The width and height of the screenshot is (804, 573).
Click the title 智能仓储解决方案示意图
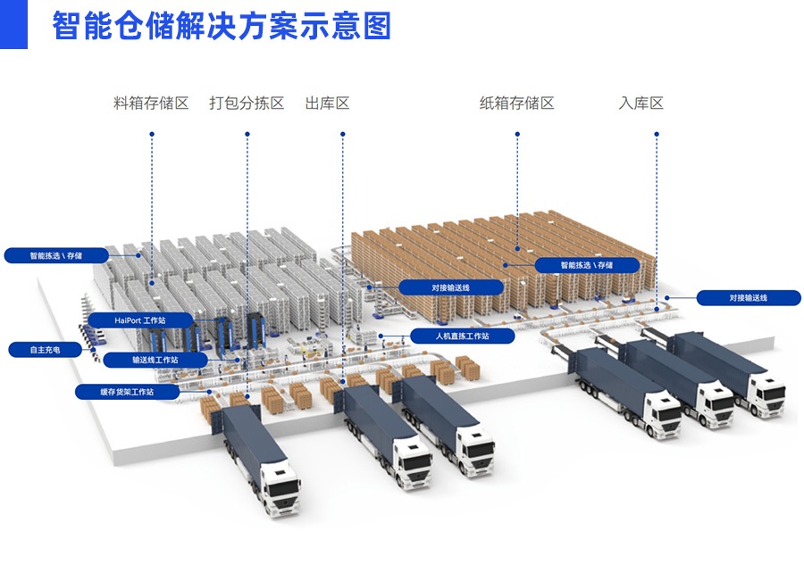(x=222, y=26)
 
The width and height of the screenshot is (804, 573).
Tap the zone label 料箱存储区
(x=152, y=104)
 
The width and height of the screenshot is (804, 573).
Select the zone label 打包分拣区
(x=247, y=104)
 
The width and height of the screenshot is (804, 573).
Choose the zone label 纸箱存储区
(x=516, y=104)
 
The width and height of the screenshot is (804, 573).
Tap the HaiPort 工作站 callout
(x=140, y=320)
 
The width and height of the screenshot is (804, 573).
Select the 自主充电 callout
(x=45, y=350)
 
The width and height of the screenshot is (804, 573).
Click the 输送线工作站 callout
(x=155, y=361)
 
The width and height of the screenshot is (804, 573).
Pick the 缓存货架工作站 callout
(x=127, y=391)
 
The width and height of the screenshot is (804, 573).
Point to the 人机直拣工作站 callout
(x=462, y=336)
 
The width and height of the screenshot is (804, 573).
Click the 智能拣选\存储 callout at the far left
(x=55, y=255)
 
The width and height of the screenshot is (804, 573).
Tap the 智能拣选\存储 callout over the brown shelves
(x=587, y=265)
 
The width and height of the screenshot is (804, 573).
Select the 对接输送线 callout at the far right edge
(x=749, y=297)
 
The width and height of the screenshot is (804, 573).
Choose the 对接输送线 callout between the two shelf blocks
(x=451, y=287)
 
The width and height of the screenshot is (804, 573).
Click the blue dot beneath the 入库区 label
(x=657, y=135)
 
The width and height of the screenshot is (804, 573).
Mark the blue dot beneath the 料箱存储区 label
(x=152, y=135)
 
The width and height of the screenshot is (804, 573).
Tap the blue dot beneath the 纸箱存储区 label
(x=516, y=135)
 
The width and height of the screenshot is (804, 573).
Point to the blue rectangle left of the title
(x=13, y=24)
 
